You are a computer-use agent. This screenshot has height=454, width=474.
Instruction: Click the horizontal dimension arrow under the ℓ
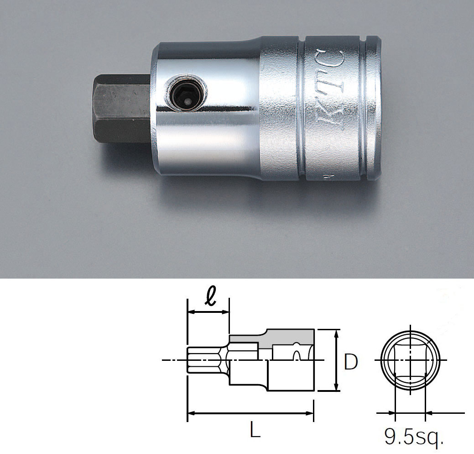point(208,312)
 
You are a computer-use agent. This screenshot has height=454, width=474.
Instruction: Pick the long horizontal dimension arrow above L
point(250,414)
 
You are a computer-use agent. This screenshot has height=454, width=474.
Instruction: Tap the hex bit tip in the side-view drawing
point(201,361)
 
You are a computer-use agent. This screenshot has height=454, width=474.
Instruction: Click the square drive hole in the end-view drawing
point(410,361)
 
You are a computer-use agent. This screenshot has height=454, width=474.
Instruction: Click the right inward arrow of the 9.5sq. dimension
point(433,414)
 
